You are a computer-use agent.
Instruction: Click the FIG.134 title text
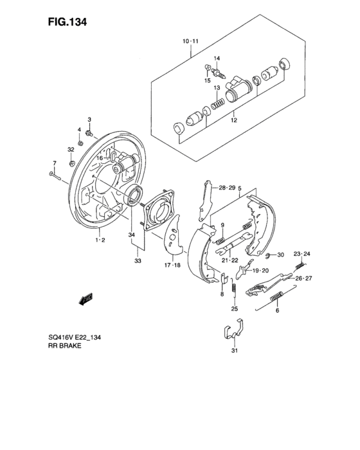coord(67,21)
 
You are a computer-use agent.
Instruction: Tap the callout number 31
coord(234,352)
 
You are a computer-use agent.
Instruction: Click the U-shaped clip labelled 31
coord(233,332)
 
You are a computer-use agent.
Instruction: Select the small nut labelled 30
coord(265,256)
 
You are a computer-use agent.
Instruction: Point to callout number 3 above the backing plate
coord(90,119)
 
